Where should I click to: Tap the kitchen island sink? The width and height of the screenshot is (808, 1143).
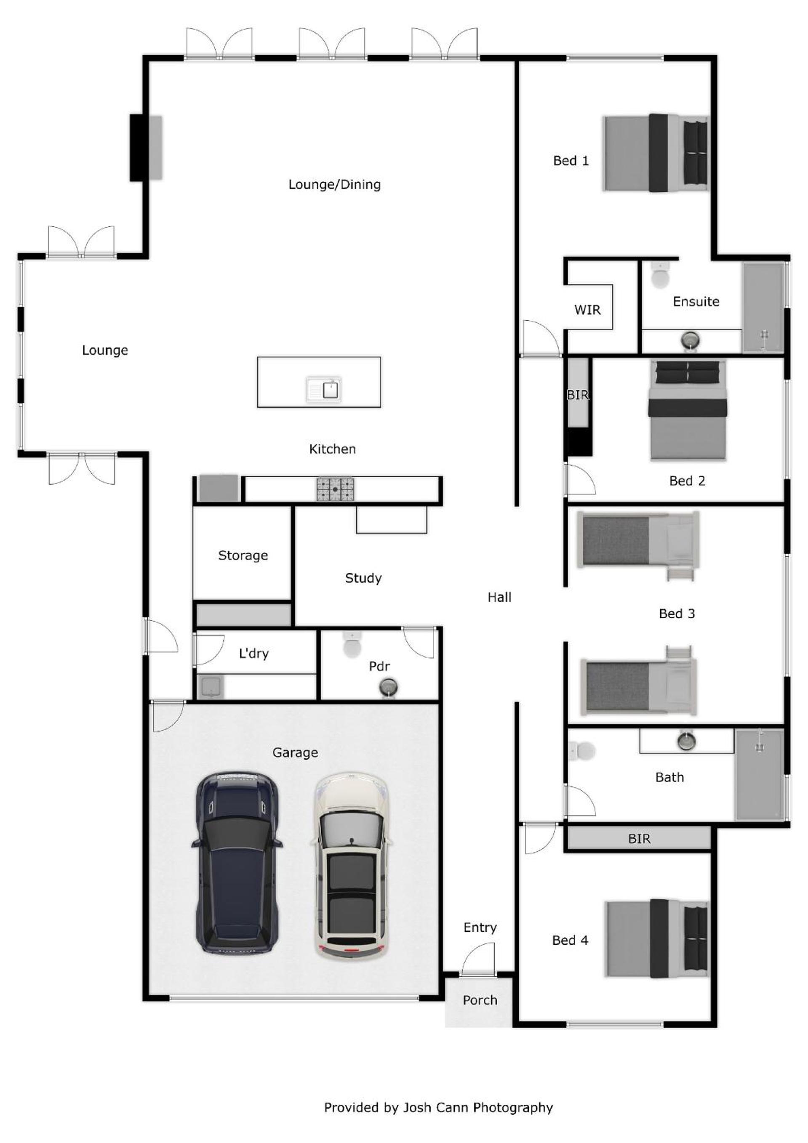[324, 389]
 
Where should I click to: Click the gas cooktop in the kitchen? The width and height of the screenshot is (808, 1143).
[335, 489]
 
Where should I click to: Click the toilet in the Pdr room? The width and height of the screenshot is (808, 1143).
[352, 645]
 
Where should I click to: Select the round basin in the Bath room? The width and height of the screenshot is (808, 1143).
[686, 741]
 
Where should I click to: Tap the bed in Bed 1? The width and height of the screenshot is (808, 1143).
[656, 152]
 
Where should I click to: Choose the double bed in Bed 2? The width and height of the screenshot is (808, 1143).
[688, 410]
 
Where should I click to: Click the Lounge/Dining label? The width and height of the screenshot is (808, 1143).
[334, 185]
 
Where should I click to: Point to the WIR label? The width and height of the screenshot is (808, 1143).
[587, 310]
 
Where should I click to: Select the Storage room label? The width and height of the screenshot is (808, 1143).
[243, 556]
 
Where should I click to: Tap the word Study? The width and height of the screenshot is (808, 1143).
[364, 579]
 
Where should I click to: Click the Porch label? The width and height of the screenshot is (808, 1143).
[480, 1000]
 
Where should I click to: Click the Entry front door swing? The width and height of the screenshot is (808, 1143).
[478, 960]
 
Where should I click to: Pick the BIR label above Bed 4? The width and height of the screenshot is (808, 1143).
[639, 839]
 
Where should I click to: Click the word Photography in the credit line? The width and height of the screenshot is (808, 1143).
[513, 1108]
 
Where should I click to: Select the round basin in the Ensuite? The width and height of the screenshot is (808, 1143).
[691, 340]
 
